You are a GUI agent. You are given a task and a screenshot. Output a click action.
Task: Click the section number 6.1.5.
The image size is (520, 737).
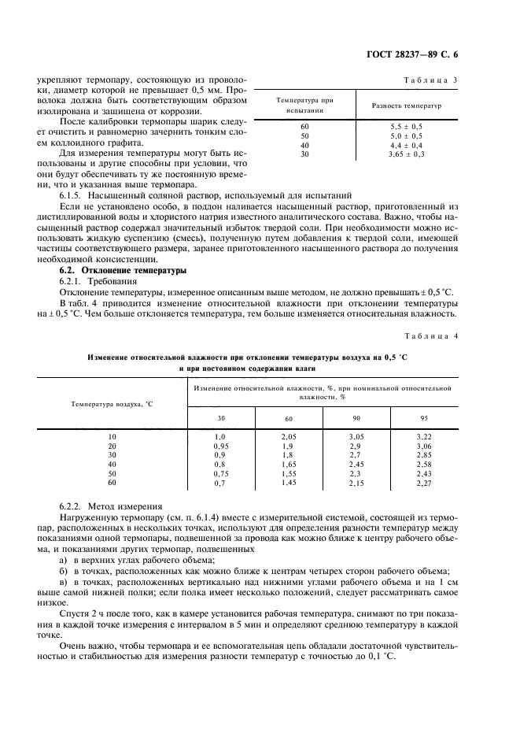76,194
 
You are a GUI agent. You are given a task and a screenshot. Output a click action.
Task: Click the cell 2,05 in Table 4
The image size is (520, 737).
288,435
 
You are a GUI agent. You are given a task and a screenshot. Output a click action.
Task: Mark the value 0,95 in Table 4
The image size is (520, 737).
221,446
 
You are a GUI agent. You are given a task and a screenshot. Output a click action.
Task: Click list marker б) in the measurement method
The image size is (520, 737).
64,570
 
